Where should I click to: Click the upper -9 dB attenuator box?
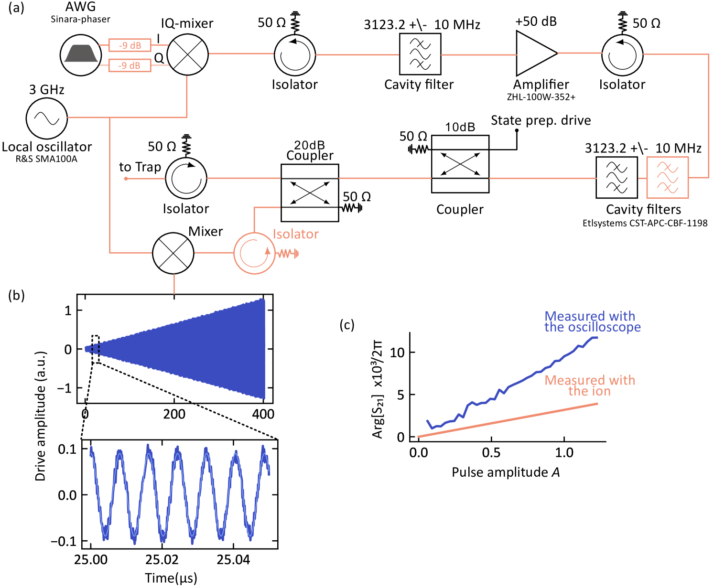pyautogui.click(x=130, y=45)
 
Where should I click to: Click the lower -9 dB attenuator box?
pyautogui.click(x=130, y=65)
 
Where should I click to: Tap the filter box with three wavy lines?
pyautogui.click(x=667, y=177)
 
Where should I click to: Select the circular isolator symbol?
pyautogui.click(x=254, y=253)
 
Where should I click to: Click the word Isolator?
pyautogui.click(x=295, y=234)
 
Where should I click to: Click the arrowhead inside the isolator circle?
pyautogui.click(x=268, y=251)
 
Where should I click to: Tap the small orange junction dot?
pyautogui.click(x=126, y=179)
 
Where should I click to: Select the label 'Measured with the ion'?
pyautogui.click(x=590, y=385)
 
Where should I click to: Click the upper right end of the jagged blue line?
pyautogui.click(x=596, y=338)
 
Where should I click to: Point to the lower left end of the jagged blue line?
pyautogui.click(x=427, y=421)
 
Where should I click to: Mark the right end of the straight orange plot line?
pyautogui.click(x=597, y=404)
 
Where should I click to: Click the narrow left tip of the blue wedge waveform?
pyautogui.click(x=87, y=349)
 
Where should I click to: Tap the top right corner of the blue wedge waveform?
pyautogui.click(x=264, y=299)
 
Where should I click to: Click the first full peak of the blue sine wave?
pyautogui.click(x=119, y=451)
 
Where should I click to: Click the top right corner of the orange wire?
pyautogui.click(x=708, y=54)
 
